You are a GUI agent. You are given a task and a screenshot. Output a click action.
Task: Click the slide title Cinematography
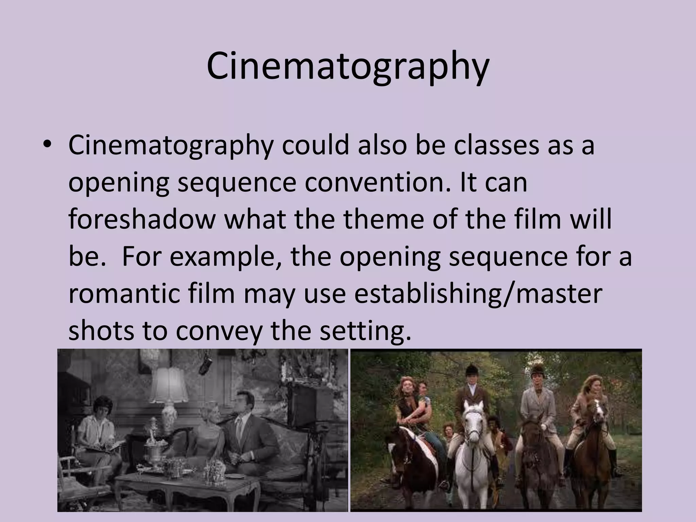(347, 67)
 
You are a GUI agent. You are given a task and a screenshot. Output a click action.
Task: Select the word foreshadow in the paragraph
(142, 219)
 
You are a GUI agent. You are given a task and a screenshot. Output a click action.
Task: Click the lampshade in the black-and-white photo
(169, 385)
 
